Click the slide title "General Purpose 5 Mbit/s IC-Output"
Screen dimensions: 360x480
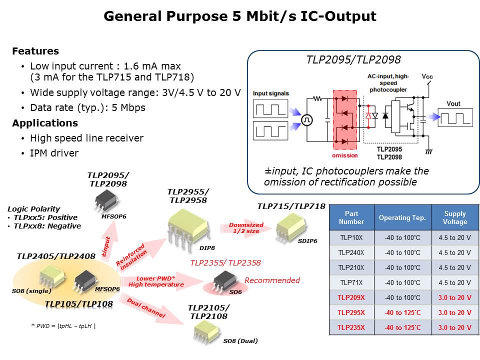239,16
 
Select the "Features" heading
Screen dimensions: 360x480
35,51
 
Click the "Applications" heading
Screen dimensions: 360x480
45,123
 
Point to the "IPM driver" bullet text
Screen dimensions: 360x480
54,153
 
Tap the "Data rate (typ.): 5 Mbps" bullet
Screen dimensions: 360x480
87,107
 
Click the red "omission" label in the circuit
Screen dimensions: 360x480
344,155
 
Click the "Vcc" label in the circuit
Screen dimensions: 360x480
428,76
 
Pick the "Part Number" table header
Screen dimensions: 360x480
351,217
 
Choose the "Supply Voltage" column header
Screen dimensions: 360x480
454,217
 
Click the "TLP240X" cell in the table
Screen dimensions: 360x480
351,252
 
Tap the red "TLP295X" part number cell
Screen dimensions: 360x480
351,312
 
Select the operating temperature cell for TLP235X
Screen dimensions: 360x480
402,327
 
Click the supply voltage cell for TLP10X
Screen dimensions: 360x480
454,237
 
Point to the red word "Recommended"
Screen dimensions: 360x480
272,280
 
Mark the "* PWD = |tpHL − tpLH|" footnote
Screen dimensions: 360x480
63,326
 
